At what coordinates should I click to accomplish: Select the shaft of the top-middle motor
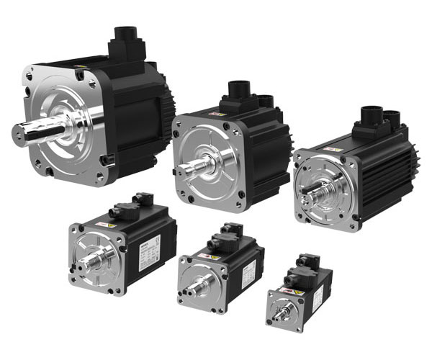pyautogui.click(x=190, y=163)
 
